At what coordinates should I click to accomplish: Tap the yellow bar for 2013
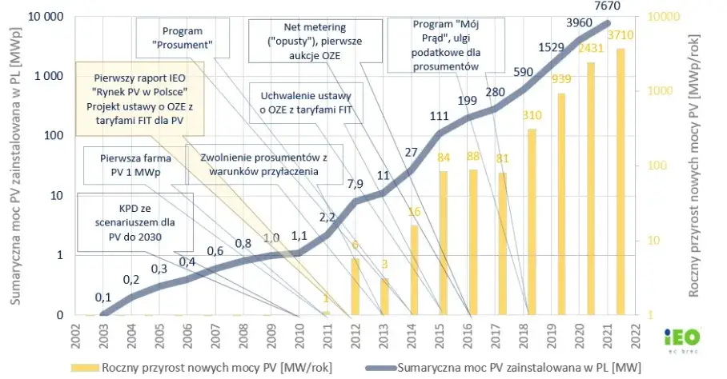[384, 296]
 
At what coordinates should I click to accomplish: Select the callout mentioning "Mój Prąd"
[438, 45]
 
